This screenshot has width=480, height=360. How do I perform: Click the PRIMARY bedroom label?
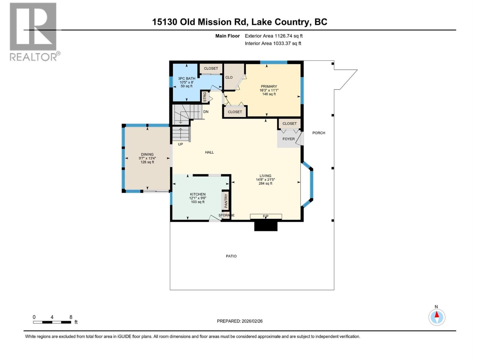point(269,86)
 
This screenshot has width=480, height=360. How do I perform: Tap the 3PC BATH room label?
point(187,79)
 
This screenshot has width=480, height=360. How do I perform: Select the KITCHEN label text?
point(198,194)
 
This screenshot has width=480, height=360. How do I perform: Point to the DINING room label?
point(147,154)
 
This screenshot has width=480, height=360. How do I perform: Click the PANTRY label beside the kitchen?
point(226,201)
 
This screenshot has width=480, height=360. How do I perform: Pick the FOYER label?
point(289,139)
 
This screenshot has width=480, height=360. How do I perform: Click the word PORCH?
point(319,133)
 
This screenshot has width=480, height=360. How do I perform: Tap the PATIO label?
point(231,256)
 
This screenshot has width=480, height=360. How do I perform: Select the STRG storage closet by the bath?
point(205,97)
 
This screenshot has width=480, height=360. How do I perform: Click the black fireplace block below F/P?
point(266,226)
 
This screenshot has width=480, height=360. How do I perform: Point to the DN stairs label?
point(206,112)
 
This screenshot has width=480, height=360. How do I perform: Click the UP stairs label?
point(180,144)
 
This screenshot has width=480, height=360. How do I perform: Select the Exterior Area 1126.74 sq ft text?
point(274,36)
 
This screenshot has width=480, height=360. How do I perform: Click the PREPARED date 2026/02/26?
point(240,321)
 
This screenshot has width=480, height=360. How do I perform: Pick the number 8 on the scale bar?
point(71,317)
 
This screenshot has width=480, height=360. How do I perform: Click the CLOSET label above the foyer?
point(289,124)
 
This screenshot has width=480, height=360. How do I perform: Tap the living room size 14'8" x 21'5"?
point(265,180)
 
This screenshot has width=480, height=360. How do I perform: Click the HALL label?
point(209,152)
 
